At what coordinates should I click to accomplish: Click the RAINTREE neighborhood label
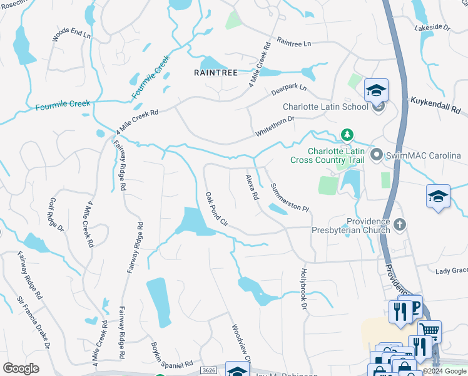216,73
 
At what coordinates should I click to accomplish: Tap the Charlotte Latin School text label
325,107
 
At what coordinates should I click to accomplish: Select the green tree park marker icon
347,135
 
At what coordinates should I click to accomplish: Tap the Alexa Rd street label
252,187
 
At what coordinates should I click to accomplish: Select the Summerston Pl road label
289,197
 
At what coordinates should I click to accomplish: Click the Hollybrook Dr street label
303,288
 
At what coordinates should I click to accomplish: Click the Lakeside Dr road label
432,28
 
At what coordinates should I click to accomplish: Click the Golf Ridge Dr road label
56,215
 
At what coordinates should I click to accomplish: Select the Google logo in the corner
21,368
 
